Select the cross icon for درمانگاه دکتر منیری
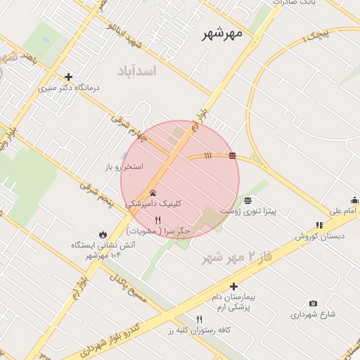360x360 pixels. point(68,77)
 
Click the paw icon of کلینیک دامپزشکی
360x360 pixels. point(153,192)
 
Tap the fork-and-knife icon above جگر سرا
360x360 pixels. point(157,220)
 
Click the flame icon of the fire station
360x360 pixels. point(103,234)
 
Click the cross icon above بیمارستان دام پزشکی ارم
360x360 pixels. point(234,286)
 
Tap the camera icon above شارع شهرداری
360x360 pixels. point(313,304)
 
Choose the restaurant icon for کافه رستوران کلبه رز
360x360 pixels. point(199,319)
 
